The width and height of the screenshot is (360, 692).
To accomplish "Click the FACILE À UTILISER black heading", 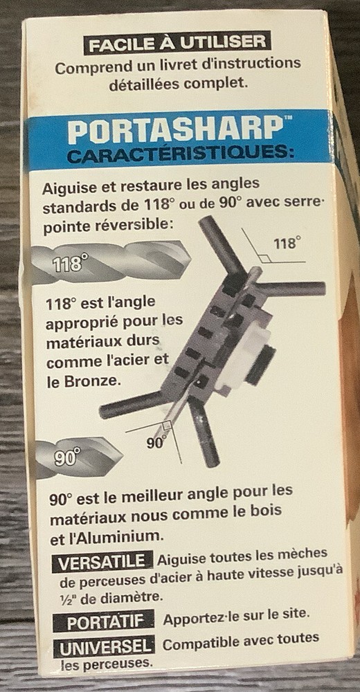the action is coord(177,43).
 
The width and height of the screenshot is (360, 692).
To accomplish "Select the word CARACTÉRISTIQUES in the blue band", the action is coord(179,155).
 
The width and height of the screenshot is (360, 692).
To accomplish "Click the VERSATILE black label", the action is coord(102,561).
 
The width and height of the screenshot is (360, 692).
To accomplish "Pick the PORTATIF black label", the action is coord(104,621).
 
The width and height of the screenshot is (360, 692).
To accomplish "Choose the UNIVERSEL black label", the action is coord(105,647).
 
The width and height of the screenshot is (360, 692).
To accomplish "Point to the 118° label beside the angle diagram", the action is coord(287,243).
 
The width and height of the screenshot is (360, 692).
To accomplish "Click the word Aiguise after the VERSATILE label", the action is coord(181,558).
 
